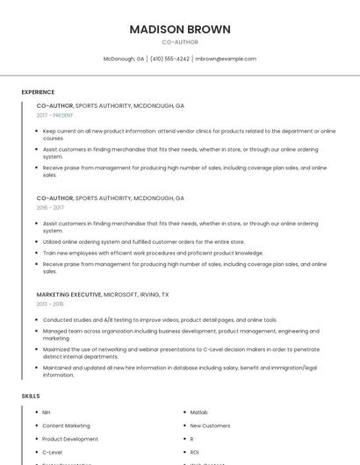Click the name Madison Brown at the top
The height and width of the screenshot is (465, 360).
(180, 29)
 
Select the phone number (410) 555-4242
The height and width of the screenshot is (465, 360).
(169, 59)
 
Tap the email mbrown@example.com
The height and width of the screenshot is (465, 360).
(226, 59)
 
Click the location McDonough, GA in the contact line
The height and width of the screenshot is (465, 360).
(124, 59)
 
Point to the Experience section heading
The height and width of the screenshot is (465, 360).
(38, 92)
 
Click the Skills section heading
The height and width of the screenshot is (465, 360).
(31, 397)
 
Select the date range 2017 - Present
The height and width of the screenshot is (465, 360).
(55, 115)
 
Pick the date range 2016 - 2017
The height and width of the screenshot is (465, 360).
(50, 208)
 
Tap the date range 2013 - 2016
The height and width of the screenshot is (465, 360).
(50, 304)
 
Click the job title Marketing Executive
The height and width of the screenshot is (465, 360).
(68, 295)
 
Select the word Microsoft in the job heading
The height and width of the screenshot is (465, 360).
(119, 295)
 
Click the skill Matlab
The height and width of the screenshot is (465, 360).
(198, 412)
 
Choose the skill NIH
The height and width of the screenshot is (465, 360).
(47, 412)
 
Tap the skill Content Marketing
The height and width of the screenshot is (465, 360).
(66, 426)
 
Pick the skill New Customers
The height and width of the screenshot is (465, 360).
(210, 426)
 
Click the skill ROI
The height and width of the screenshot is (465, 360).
(195, 452)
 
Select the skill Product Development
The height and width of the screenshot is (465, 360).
(70, 439)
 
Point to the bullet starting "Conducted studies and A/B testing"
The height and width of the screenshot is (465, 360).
(160, 320)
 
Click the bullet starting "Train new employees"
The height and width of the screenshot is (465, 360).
(153, 253)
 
